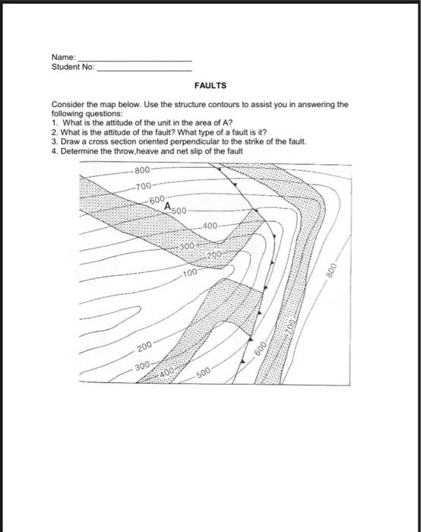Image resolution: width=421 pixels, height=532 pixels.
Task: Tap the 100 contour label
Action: pyautogui.click(x=190, y=271)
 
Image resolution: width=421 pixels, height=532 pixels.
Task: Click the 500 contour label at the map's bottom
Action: pyautogui.click(x=204, y=373)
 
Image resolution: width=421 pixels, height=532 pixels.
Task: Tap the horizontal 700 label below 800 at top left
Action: pyautogui.click(x=143, y=186)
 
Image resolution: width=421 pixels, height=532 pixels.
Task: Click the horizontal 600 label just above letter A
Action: pyautogui.click(x=157, y=199)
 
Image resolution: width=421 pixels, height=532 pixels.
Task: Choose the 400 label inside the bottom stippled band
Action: pyautogui.click(x=166, y=372)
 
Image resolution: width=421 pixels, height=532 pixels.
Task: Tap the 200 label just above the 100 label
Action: pyautogui.click(x=214, y=254)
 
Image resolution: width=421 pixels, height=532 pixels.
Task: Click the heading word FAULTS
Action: pyautogui.click(x=210, y=86)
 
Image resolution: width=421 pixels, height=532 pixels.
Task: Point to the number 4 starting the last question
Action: pyautogui.click(x=54, y=150)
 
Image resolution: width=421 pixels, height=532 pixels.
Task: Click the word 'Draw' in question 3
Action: pyautogui.click(x=70, y=141)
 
